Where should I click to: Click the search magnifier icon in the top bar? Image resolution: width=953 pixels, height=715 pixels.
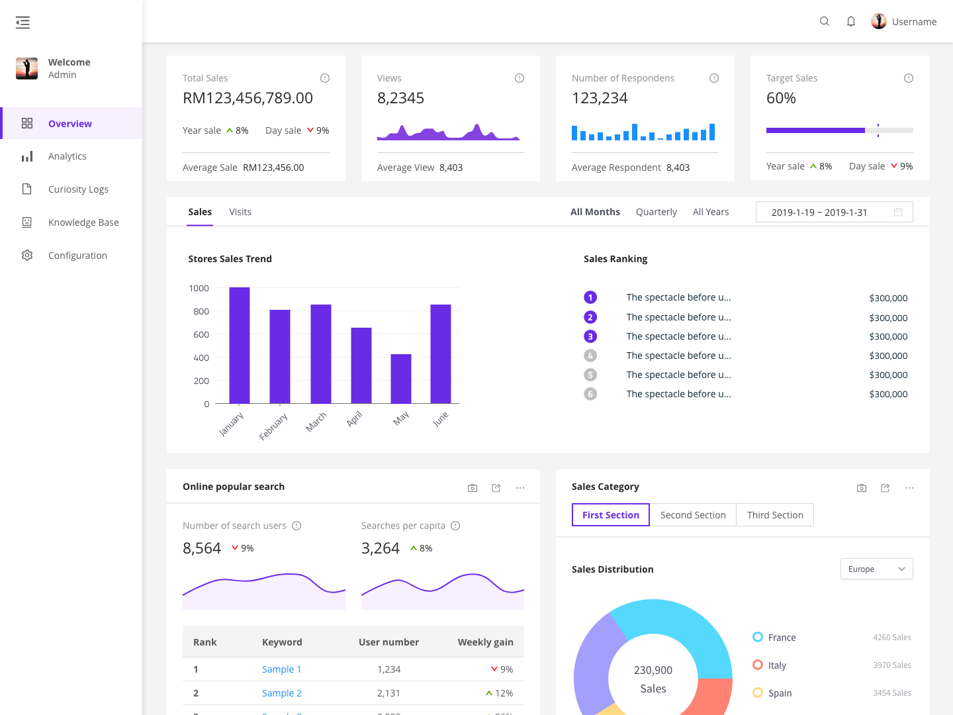click(825, 21)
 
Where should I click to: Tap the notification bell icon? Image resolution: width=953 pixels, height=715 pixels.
click(851, 21)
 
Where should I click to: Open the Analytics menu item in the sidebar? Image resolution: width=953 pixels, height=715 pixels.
click(67, 156)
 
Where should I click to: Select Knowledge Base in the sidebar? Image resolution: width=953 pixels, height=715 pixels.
click(83, 222)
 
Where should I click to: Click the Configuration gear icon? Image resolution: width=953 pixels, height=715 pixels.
click(27, 256)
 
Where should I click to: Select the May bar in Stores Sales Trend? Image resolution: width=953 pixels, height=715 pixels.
click(401, 379)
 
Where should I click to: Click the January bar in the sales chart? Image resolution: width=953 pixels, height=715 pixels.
click(240, 345)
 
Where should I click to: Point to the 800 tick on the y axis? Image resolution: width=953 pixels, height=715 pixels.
click(201, 311)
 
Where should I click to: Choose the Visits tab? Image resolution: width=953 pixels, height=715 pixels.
click(240, 212)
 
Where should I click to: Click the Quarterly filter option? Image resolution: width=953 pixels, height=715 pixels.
click(656, 212)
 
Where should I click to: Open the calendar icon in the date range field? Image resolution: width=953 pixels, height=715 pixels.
click(898, 213)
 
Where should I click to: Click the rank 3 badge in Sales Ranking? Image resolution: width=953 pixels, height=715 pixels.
click(590, 336)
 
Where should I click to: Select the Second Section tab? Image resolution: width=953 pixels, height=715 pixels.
click(693, 515)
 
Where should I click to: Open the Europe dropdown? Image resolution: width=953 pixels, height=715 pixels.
click(876, 569)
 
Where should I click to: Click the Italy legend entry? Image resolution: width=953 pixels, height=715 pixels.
click(776, 665)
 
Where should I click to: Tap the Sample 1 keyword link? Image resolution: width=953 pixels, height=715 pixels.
click(281, 669)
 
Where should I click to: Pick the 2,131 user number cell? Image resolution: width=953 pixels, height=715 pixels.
click(388, 693)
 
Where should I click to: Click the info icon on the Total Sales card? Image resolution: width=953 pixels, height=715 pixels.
click(325, 78)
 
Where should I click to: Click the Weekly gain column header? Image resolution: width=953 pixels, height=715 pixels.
click(485, 642)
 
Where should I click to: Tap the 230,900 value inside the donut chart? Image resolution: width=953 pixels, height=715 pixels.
click(653, 670)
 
